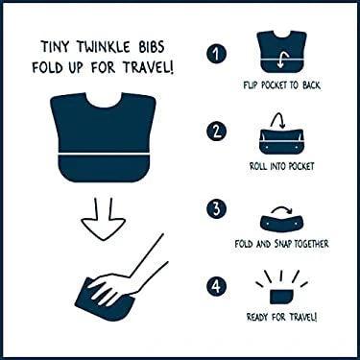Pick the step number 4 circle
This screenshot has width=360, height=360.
(219, 285)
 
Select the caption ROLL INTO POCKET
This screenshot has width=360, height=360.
(281, 165)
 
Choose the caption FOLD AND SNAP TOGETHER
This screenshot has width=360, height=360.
(281, 244)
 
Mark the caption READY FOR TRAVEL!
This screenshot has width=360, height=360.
(281, 317)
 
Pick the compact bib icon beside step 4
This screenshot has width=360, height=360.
(281, 291)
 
